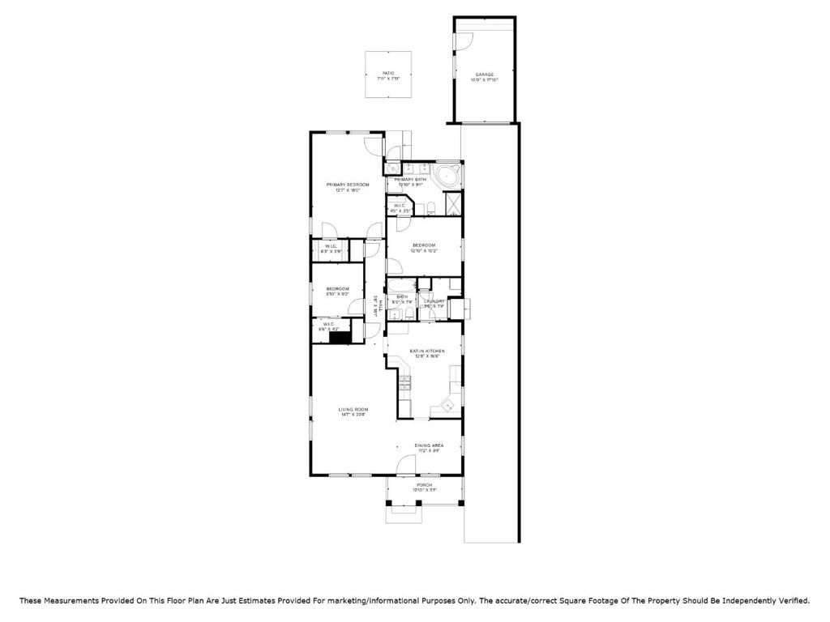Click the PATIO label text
click(x=388, y=74)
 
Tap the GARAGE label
click(x=485, y=75)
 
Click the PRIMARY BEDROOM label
click(x=347, y=185)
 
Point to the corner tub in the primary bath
click(x=446, y=176)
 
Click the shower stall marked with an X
click(x=453, y=203)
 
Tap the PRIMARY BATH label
click(x=410, y=179)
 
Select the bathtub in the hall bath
click(x=400, y=286)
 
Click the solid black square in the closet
click(x=339, y=338)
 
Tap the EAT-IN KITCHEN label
click(x=426, y=351)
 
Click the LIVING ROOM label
click(x=353, y=410)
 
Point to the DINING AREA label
click(x=428, y=445)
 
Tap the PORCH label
click(x=425, y=485)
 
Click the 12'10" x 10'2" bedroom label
click(x=424, y=245)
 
